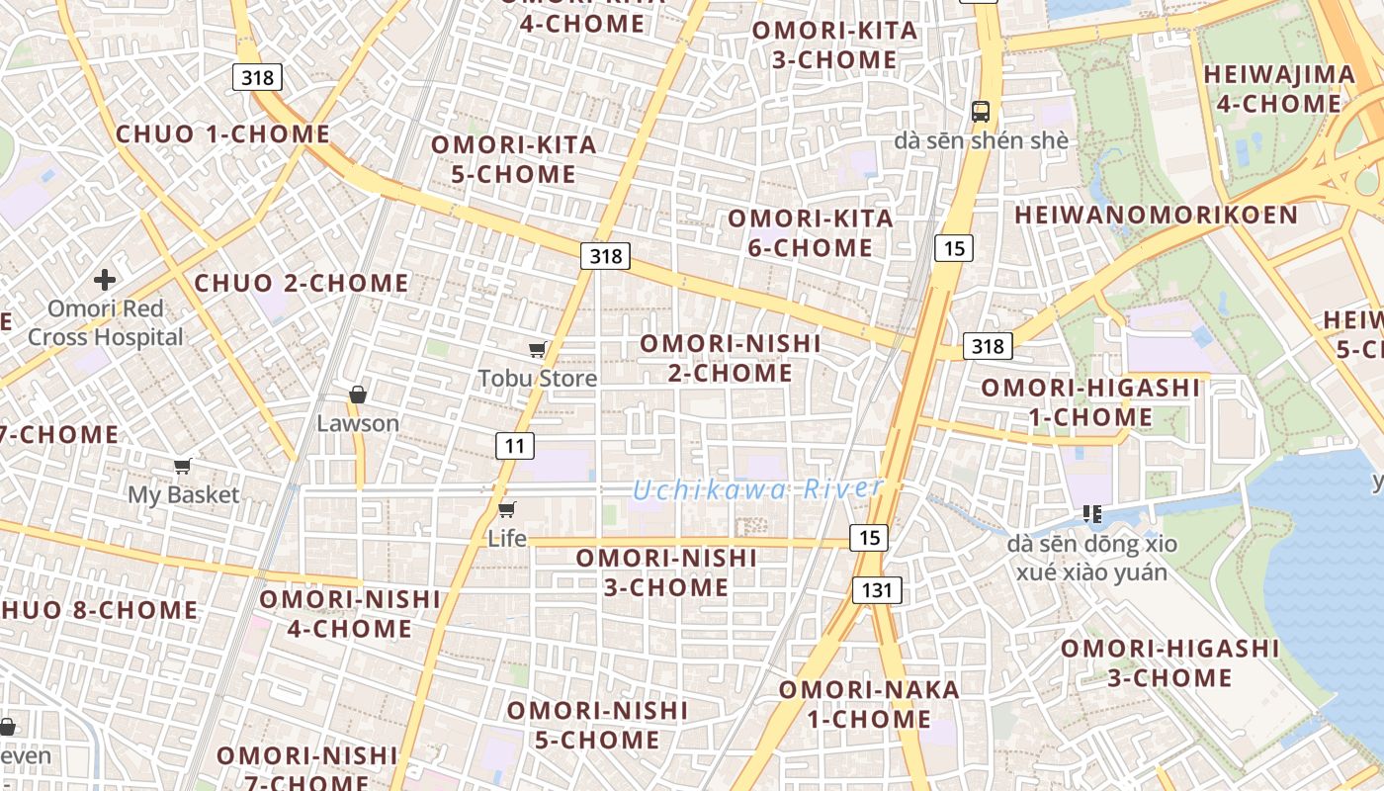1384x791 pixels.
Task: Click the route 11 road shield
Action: point(514,446)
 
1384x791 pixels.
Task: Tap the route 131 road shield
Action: point(877,591)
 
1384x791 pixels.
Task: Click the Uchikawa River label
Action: point(757,488)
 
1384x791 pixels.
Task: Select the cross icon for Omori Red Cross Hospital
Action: point(105,280)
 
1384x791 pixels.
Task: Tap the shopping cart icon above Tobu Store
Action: point(537,349)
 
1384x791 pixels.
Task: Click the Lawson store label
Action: point(358,423)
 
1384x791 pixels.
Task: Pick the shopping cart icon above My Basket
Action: point(182,466)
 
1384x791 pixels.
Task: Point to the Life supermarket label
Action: point(507,539)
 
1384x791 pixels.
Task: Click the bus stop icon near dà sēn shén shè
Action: point(980,112)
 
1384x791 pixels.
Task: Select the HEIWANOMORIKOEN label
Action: point(1156,216)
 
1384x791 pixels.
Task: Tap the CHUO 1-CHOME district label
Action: point(222,134)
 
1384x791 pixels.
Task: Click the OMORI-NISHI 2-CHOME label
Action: point(731,358)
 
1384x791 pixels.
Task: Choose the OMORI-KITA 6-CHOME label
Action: point(811,232)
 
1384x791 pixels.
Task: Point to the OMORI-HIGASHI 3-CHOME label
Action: point(1169,662)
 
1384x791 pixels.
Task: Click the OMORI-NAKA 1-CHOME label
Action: point(869,704)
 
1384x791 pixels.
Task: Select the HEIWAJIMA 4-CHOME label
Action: point(1279,89)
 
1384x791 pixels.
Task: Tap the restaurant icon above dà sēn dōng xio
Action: point(1092,513)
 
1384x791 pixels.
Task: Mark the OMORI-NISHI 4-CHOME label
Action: point(350,613)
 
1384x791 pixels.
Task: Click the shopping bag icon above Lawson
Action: point(358,395)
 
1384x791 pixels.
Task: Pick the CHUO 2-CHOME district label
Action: point(302,284)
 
